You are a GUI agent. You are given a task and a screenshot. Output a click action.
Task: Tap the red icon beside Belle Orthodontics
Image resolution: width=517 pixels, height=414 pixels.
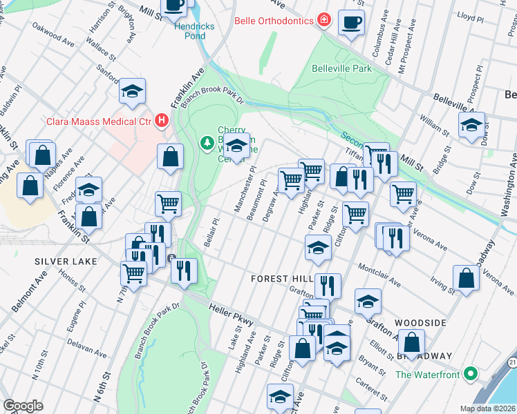pos(323,19)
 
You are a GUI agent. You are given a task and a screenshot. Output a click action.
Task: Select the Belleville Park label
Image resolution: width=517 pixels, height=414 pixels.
pos(341,68)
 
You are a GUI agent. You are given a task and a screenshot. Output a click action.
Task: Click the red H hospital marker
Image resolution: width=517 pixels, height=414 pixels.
pos(162,121)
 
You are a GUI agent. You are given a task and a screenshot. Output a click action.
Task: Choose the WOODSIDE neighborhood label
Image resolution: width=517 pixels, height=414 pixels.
pos(420,323)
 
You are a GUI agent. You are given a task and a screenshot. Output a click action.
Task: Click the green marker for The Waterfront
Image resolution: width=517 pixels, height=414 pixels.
pos(472,375)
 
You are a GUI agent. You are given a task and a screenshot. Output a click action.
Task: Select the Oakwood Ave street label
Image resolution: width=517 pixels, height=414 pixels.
pos(53,39)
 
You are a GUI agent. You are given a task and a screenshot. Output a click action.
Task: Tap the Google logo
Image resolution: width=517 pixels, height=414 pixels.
pos(23,406)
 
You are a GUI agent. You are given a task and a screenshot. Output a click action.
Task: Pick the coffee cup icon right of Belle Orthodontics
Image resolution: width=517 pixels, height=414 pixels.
pos(351,22)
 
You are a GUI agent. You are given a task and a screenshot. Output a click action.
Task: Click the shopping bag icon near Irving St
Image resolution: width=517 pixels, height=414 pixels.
pos(467,278)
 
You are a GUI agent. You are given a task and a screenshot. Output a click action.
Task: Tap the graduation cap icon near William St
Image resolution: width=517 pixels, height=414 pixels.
pos(472,126)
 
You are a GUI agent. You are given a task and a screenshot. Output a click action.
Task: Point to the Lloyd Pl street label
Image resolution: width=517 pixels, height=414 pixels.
pos(470,14)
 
